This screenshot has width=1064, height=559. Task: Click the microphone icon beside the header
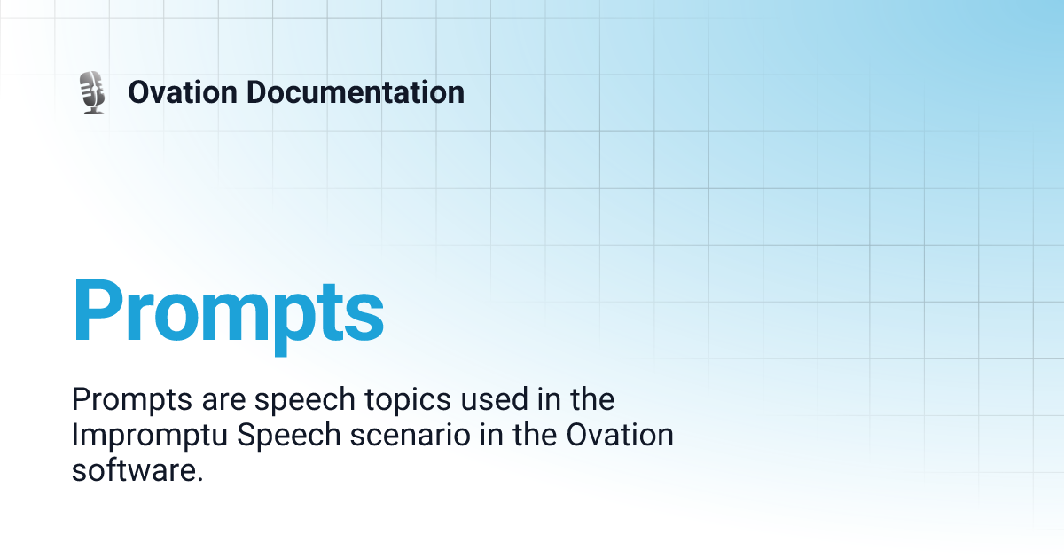click(x=92, y=91)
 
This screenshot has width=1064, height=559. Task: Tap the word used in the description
click(x=499, y=400)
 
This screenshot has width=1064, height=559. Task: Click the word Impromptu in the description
click(x=145, y=436)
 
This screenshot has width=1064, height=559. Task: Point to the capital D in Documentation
click(x=258, y=92)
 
